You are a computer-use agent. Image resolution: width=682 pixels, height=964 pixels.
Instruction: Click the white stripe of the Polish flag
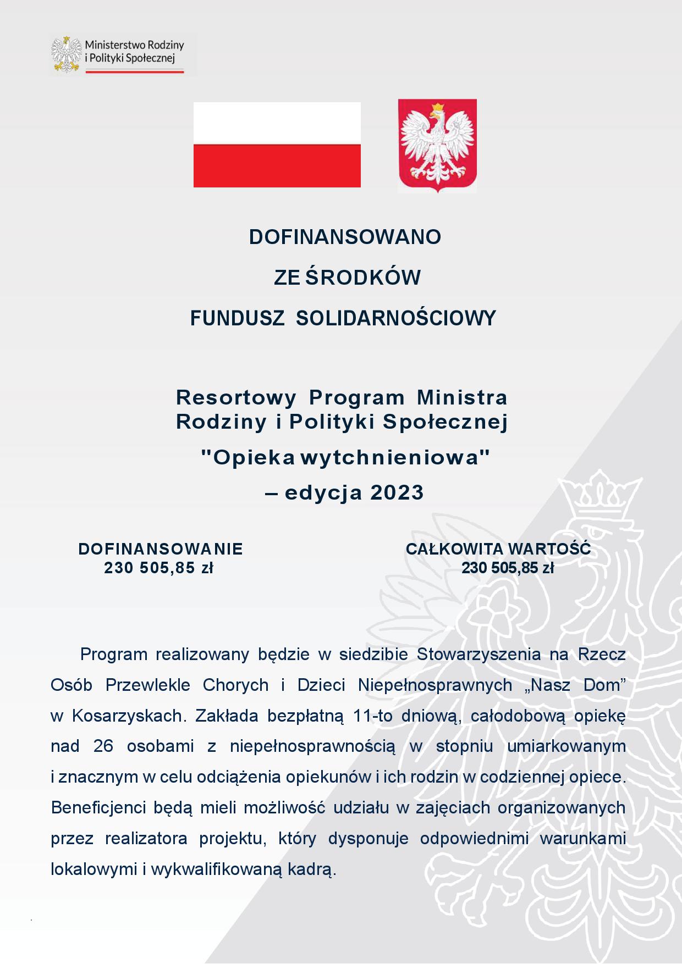(x=277, y=123)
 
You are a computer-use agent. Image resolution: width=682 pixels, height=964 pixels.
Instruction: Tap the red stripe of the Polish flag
(x=277, y=165)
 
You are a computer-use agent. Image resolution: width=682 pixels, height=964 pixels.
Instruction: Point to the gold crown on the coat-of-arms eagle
(x=437, y=107)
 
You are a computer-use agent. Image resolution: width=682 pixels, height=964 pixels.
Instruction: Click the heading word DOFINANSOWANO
(x=345, y=237)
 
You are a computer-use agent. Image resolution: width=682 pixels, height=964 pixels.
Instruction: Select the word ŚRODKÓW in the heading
(x=363, y=278)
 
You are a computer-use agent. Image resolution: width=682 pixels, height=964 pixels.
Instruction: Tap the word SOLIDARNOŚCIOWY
(x=396, y=318)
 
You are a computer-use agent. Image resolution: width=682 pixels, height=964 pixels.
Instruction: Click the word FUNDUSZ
(x=237, y=318)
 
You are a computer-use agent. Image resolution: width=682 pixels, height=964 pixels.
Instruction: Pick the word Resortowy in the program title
(x=236, y=396)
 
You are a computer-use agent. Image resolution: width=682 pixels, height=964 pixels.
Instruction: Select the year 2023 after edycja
(x=397, y=492)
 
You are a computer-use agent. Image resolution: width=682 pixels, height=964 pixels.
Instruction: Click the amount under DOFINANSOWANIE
(x=158, y=568)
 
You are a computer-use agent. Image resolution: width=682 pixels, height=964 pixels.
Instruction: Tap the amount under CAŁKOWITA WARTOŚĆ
(x=507, y=568)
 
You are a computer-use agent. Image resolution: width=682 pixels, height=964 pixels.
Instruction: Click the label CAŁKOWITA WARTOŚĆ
(x=498, y=549)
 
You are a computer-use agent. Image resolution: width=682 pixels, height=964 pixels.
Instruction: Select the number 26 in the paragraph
(x=103, y=746)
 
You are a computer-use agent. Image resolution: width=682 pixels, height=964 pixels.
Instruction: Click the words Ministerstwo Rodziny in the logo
(x=134, y=45)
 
